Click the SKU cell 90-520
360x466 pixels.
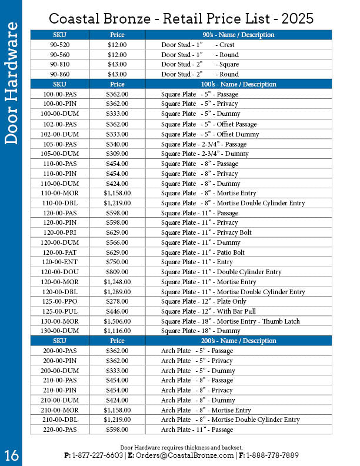(59, 45)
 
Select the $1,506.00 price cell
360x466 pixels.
(117, 321)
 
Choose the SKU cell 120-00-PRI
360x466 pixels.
(59, 232)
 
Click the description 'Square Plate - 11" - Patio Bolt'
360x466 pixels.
(203, 252)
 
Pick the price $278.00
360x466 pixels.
(117, 301)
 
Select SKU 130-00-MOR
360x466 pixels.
(59, 321)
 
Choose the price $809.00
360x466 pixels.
(117, 272)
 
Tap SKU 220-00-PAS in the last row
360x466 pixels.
(59, 430)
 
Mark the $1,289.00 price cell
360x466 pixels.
(117, 292)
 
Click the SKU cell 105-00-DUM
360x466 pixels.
(59, 154)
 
